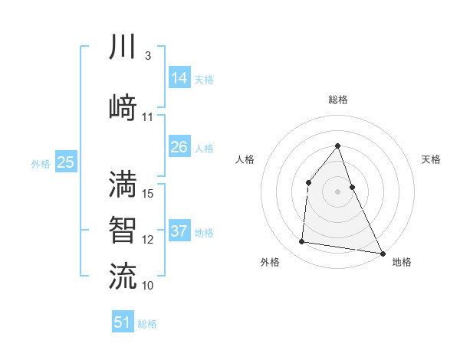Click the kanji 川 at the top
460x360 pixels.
(123, 47)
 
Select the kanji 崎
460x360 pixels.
(123, 107)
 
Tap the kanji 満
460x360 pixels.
(123, 184)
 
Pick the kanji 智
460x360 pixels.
(123, 230)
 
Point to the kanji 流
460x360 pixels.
(123, 276)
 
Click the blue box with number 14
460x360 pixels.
(179, 78)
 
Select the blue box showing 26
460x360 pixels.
(179, 147)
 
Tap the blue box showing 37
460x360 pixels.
(179, 231)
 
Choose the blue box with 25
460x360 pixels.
(65, 162)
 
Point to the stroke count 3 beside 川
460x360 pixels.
(147, 57)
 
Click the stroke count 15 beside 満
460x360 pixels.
(148, 193)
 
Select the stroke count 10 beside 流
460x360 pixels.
(148, 285)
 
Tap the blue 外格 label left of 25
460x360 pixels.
(41, 163)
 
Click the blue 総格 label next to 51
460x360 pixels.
(147, 323)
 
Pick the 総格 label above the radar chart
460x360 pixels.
(337, 100)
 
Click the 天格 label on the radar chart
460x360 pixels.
(431, 160)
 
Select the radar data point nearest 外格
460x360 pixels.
(302, 242)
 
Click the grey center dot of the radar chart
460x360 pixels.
(337, 191)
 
